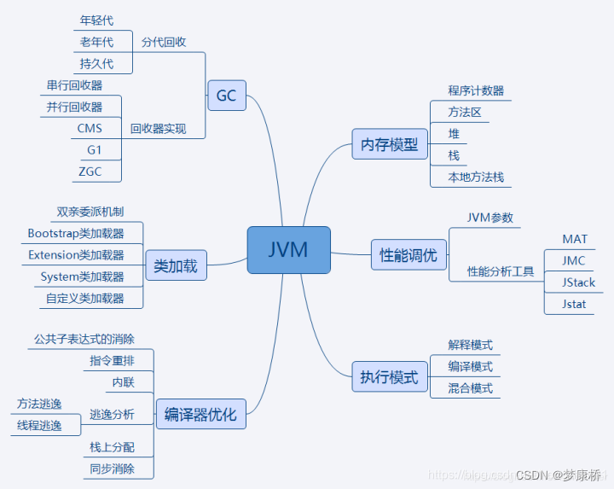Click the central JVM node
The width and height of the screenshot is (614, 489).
tap(288, 250)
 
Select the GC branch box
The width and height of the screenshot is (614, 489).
tap(226, 96)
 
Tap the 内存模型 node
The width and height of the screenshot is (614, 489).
tap(390, 144)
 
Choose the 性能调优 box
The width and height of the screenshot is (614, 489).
tap(408, 255)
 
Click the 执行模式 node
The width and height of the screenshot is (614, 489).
tap(390, 377)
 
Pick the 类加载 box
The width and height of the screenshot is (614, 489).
tap(176, 266)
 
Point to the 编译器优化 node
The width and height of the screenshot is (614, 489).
tap(200, 416)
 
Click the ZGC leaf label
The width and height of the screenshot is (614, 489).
tap(90, 171)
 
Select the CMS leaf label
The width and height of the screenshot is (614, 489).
tap(90, 129)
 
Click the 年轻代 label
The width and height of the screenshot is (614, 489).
tap(96, 20)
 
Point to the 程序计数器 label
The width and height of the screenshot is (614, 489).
tap(476, 90)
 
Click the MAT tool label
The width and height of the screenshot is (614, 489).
tap(575, 239)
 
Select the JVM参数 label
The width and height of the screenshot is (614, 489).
tap(490, 218)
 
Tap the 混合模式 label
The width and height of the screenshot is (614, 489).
tap(471, 388)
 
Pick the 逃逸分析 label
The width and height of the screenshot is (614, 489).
tap(112, 415)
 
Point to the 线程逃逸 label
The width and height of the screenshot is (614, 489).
tap(39, 425)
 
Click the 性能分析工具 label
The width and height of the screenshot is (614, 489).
tap(501, 271)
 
